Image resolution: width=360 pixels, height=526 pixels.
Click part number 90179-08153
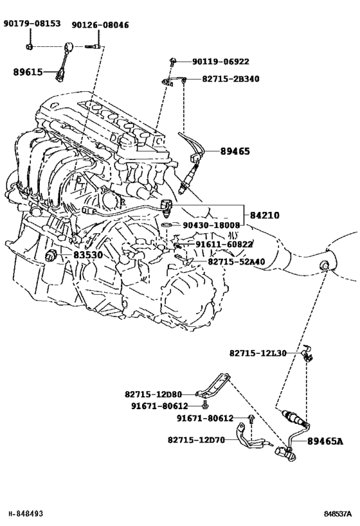32,23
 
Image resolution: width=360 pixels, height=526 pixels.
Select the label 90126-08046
100,25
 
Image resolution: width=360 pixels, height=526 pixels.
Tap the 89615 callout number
28,72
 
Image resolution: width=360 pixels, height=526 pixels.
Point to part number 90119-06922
221,62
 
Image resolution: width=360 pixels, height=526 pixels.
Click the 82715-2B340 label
231,79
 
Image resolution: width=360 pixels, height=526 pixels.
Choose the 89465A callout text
325,441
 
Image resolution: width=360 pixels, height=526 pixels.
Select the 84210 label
264,215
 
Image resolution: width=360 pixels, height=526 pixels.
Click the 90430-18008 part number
212,225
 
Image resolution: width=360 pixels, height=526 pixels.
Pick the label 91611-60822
224,245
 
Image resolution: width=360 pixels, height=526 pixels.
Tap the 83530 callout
88,255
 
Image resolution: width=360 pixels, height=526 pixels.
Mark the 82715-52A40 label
237,261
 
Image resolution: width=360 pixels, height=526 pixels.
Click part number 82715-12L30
258,353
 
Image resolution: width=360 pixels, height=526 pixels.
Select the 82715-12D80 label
153,394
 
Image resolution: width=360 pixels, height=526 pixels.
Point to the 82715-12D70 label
196,439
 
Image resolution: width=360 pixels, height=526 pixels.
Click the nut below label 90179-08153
29,47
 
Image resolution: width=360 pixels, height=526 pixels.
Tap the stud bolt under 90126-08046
91,46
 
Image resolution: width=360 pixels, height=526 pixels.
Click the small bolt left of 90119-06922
173,62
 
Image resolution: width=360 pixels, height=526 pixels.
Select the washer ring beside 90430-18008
166,224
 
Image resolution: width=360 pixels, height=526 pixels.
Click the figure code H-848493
26,513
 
